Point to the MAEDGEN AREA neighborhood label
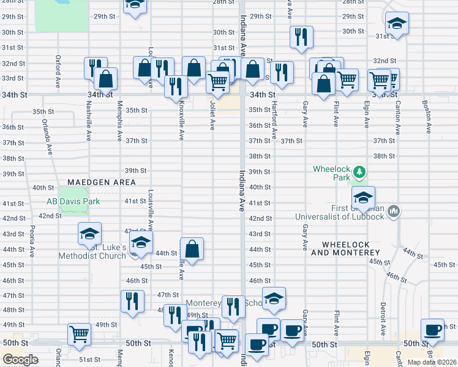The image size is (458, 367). [x=101, y=182]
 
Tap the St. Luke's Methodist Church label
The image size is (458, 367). [x=92, y=251]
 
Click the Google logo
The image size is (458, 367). [x=20, y=360]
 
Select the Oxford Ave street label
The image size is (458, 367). [x=58, y=64]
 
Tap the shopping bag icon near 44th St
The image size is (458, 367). [x=192, y=249]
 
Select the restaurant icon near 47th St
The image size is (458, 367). [x=132, y=301]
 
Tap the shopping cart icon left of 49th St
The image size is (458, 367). [x=79, y=334]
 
